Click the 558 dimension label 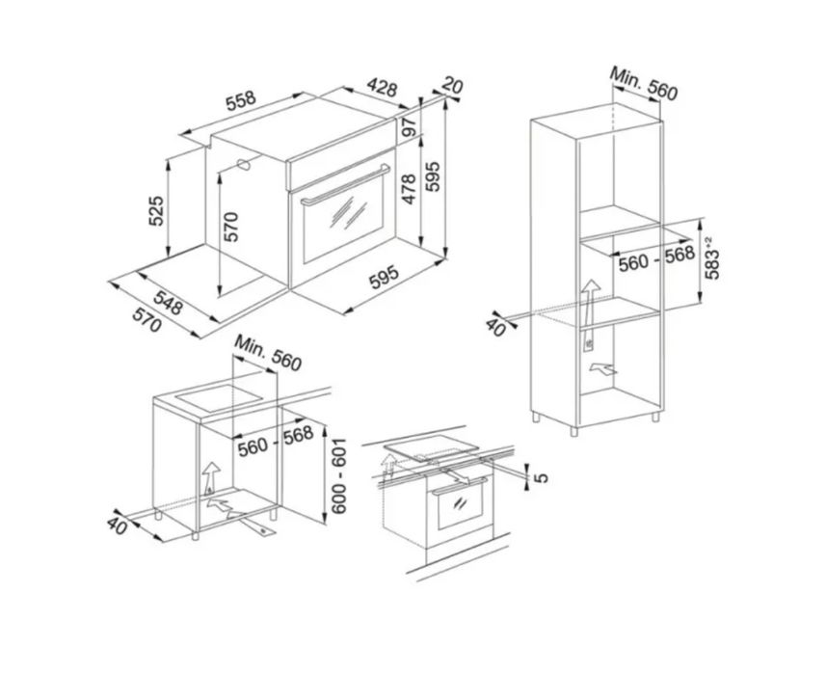(x=241, y=101)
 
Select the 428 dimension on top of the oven (x=382, y=88)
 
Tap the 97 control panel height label (x=410, y=127)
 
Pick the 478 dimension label (x=410, y=189)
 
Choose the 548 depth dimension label (x=169, y=303)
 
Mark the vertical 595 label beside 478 (x=433, y=176)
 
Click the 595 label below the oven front (x=384, y=278)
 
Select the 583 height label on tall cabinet (x=711, y=257)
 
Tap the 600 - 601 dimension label (x=338, y=475)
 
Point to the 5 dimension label (x=541, y=477)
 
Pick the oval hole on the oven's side (x=244, y=164)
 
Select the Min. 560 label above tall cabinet (x=643, y=83)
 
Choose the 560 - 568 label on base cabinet (x=276, y=442)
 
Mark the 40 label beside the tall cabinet (x=495, y=327)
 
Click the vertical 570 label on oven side (x=231, y=228)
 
